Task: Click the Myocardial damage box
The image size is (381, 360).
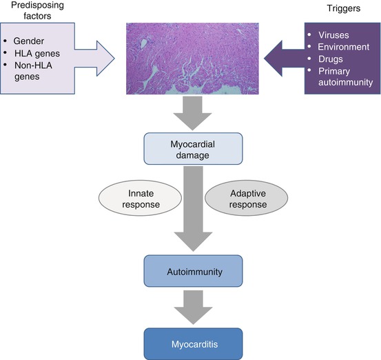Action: pos(193,149)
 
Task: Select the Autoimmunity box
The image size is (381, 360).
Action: pos(193,271)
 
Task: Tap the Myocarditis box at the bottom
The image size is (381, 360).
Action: pos(193,344)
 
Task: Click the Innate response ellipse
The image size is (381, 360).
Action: pos(140,198)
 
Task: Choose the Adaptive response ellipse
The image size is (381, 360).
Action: pos(247,198)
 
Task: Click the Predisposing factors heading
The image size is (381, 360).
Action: pos(37,10)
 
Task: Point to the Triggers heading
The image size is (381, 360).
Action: pos(344,8)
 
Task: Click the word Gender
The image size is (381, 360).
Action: pos(29,41)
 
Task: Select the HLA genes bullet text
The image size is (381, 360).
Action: pos(37,54)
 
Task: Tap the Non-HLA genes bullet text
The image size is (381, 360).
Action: pos(33,71)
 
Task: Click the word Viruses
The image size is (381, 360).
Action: pos(333,35)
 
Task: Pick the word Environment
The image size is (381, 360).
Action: pos(344,47)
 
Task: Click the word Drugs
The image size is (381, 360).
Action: pos(331,59)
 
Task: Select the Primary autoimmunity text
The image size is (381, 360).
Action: pos(346,77)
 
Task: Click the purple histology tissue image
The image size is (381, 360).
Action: pos(192,59)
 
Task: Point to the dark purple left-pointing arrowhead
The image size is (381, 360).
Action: pos(273,59)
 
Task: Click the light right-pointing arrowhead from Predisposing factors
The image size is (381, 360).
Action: pos(105,59)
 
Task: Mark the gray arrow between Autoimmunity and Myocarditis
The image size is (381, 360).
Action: pos(193,308)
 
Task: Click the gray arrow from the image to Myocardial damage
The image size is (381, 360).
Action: pos(192,113)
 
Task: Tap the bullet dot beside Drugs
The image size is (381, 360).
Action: pos(309,59)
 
